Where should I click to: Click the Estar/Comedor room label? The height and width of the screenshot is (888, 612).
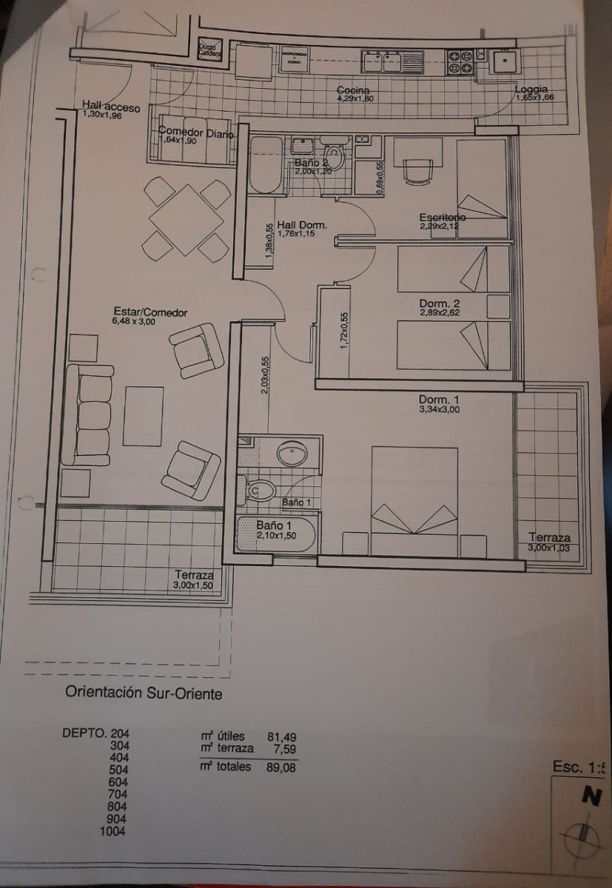(x=149, y=313)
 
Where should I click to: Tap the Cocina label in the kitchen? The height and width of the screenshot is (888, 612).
(x=354, y=90)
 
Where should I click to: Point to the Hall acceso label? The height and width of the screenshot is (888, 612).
(x=111, y=107)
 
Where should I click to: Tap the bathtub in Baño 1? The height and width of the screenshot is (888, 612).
(x=276, y=534)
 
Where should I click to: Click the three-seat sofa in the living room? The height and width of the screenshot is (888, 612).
(x=87, y=414)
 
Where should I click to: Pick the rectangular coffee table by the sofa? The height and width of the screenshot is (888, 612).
(x=143, y=416)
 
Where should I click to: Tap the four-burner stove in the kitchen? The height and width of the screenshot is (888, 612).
(x=460, y=61)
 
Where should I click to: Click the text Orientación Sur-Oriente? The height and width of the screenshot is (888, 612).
(x=144, y=693)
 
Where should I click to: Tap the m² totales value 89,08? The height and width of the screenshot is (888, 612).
(x=281, y=767)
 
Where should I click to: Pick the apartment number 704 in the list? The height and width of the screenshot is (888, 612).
(x=118, y=794)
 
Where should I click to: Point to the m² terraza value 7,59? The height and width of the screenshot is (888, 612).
(x=285, y=748)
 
